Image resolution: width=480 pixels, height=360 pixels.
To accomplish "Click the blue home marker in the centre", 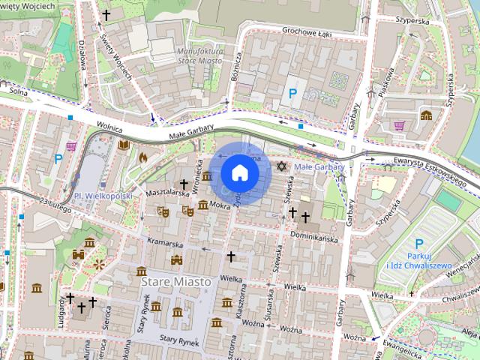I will [240, 172].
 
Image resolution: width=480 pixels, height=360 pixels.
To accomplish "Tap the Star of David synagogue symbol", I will [282, 165].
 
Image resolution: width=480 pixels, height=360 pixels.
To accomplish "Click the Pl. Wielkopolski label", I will [103, 196].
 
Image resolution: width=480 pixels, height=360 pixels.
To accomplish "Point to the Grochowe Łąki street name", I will [307, 31].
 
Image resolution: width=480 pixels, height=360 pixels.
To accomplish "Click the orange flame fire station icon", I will [142, 157].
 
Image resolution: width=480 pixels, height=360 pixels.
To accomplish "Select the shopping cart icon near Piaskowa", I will [400, 125].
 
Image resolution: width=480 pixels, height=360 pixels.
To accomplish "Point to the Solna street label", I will [19, 91].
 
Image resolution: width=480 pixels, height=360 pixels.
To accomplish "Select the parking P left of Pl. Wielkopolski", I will [58, 158].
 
